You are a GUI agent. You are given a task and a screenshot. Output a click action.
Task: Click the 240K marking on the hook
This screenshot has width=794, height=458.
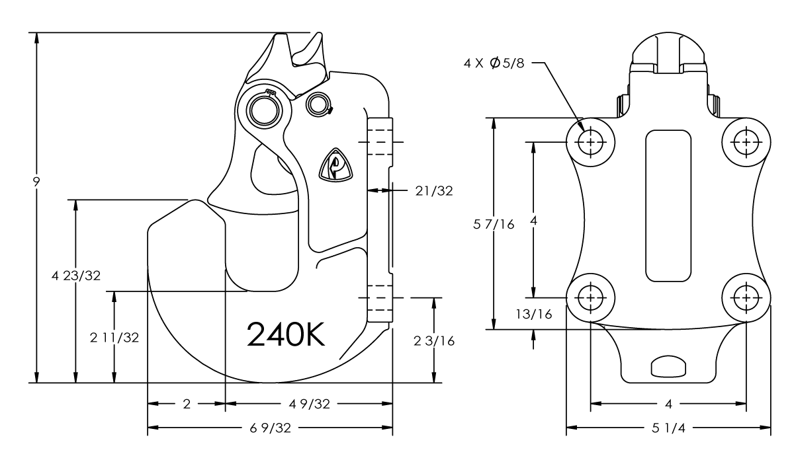(x=286, y=334)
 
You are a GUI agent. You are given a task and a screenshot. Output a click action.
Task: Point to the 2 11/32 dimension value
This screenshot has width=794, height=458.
(x=114, y=338)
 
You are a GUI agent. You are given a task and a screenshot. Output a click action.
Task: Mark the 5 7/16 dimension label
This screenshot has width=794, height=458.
(x=493, y=224)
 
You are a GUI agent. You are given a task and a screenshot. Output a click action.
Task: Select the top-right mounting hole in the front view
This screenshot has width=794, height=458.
(x=746, y=141)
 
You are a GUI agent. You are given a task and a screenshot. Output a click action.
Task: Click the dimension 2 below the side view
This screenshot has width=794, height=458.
(x=186, y=404)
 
